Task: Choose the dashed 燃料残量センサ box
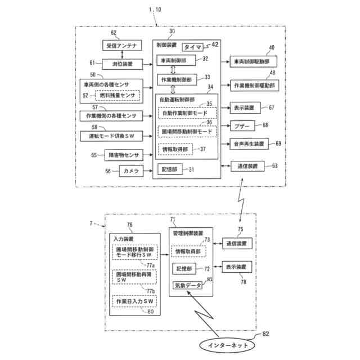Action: coord(118,96)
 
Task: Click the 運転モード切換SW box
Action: coord(110,136)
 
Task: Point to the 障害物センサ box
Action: coord(121,154)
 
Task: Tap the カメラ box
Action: coord(129,171)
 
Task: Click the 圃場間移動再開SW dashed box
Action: coord(134,277)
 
